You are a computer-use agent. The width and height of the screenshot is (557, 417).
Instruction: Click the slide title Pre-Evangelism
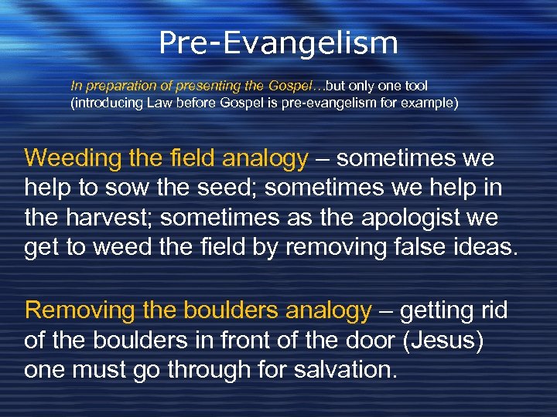(278, 43)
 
